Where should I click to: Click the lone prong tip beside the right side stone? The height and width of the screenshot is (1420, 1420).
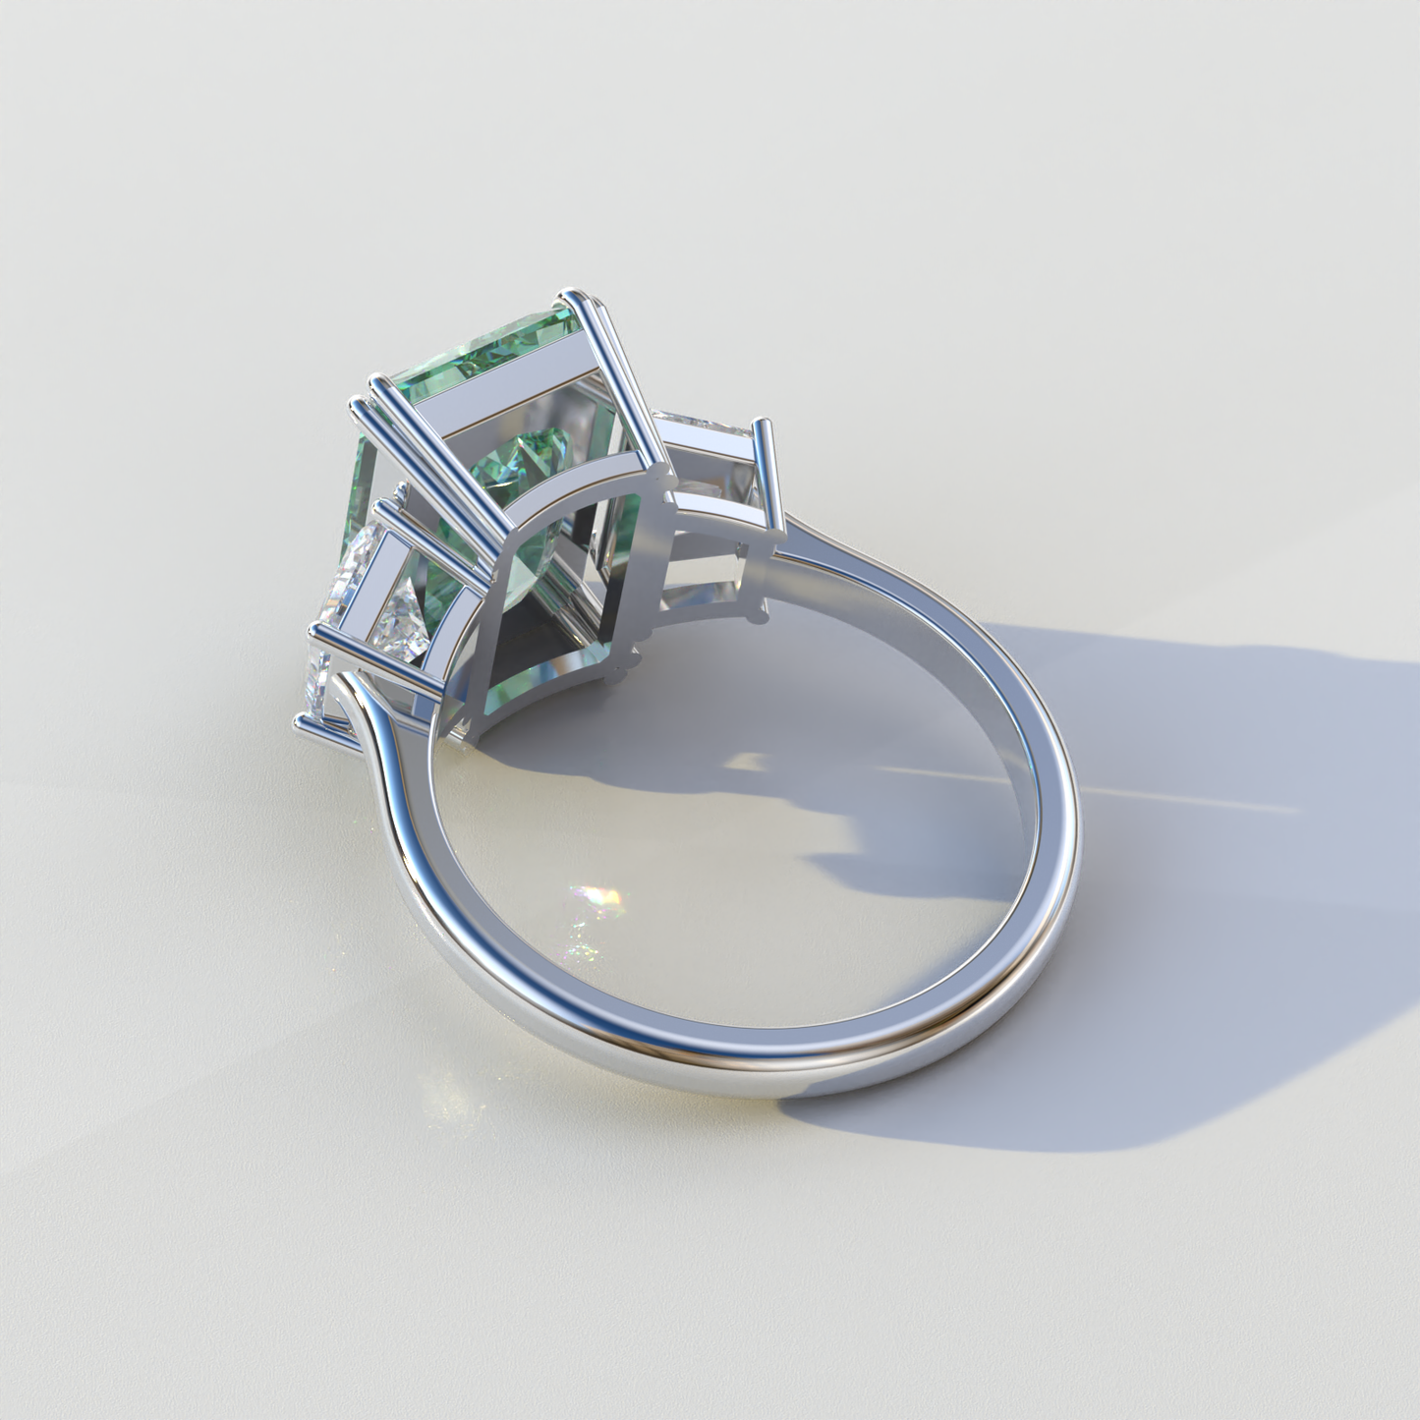coord(763,425)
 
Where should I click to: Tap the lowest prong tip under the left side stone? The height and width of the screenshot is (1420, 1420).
coord(301,725)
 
